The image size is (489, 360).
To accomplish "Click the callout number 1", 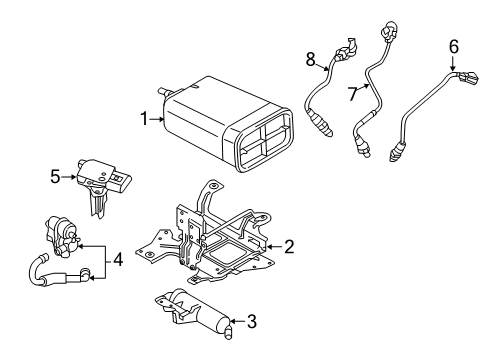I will [145, 119].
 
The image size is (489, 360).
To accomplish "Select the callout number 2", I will [289, 245].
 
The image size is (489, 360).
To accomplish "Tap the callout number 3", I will [251, 322].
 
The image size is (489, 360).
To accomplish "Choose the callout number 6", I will [453, 46].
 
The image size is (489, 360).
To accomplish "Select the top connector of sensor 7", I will [384, 29].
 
